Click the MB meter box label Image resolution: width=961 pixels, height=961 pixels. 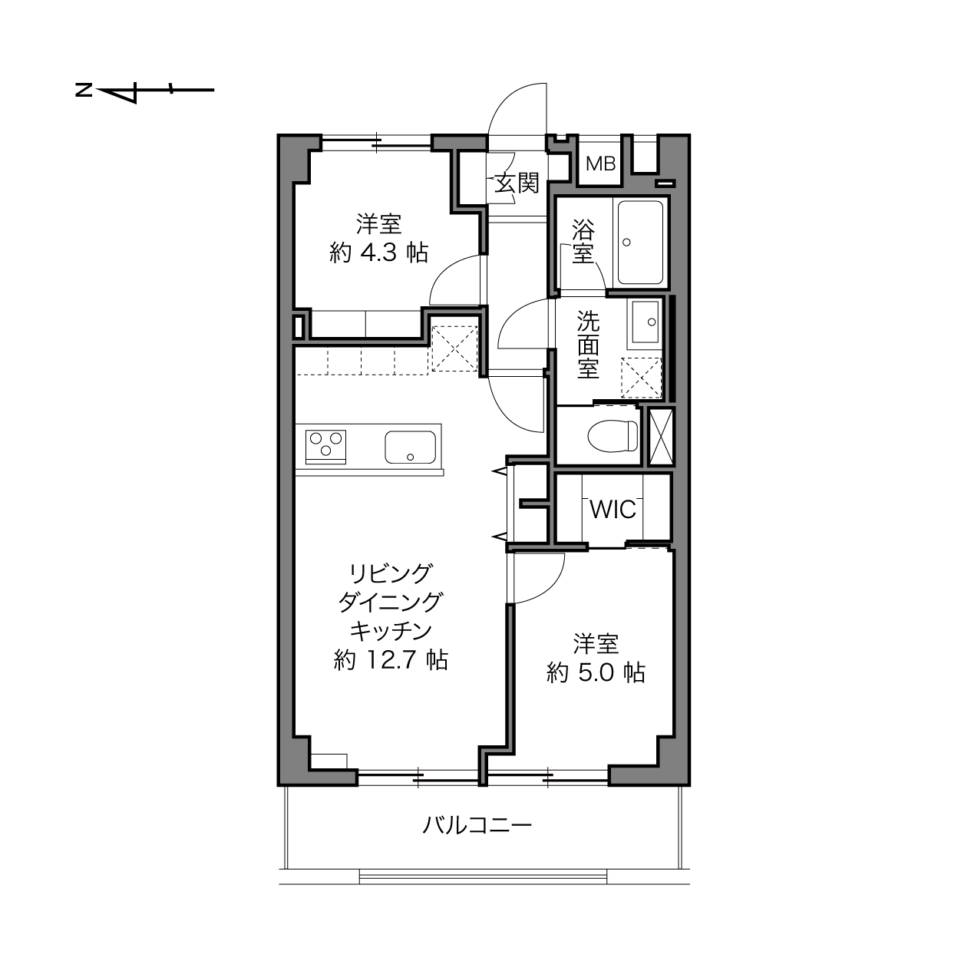[600, 163]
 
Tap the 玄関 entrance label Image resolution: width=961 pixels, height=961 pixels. [517, 183]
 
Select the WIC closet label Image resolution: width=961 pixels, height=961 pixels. [613, 509]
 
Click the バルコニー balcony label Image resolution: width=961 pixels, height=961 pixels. [477, 826]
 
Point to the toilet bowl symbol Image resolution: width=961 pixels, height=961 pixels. [613, 437]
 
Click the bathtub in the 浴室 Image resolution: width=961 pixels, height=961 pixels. [641, 243]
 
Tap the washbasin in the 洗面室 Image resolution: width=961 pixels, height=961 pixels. [646, 322]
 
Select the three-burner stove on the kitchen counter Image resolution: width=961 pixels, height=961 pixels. [325, 447]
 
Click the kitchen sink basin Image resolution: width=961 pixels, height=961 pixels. [411, 447]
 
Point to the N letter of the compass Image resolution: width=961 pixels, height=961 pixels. [84, 91]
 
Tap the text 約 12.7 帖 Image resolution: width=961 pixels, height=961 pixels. [391, 660]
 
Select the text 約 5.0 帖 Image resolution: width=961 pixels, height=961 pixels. [596, 672]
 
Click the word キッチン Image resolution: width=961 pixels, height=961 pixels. [391, 631]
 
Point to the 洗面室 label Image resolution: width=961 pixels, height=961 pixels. [589, 345]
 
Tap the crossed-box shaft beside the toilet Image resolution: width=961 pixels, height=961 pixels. [662, 437]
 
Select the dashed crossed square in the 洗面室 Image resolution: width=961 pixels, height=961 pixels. [641, 378]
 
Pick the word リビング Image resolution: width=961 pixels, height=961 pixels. [391, 573]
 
